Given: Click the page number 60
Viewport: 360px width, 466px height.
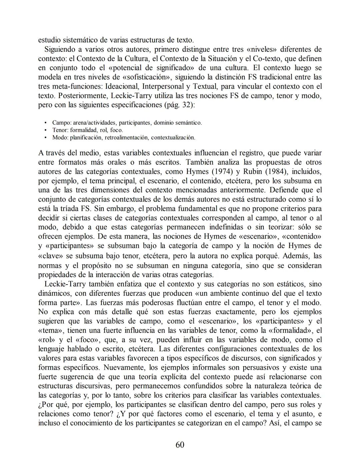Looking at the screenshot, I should (180, 445).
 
